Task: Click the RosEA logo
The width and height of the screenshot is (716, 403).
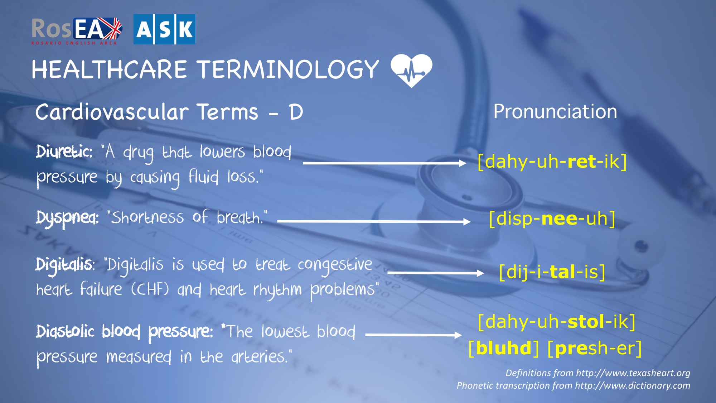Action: pos(77,31)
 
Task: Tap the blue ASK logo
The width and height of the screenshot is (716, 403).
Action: pos(164,29)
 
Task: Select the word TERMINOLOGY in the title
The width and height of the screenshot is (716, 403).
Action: pos(289,69)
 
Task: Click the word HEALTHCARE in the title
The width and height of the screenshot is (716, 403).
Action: pos(109,69)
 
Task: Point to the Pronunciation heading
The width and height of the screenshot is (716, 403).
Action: pos(555,111)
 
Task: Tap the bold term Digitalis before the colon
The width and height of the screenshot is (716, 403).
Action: pos(64,265)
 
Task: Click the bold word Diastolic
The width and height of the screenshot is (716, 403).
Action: pos(65,331)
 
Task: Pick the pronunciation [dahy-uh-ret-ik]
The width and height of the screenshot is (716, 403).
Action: pos(552,162)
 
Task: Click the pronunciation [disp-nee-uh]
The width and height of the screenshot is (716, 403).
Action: pos(552,219)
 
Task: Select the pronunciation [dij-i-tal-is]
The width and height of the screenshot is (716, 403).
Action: pos(552,272)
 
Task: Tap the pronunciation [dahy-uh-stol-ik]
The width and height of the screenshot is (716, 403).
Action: pos(557,322)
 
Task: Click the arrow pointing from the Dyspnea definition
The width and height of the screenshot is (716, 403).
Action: pos(374,222)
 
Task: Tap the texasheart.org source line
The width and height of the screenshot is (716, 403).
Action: pos(598,373)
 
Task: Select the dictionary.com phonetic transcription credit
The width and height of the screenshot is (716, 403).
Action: pos(574,385)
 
